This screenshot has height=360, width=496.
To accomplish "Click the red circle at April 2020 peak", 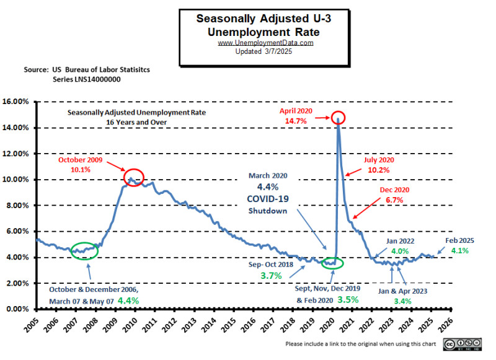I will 339,117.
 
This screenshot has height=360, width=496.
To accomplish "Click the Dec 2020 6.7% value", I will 394,200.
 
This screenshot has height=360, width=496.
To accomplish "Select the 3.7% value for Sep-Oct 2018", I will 272,275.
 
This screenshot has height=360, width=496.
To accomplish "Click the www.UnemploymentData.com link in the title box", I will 265,43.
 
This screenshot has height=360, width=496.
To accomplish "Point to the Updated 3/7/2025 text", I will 265,51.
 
